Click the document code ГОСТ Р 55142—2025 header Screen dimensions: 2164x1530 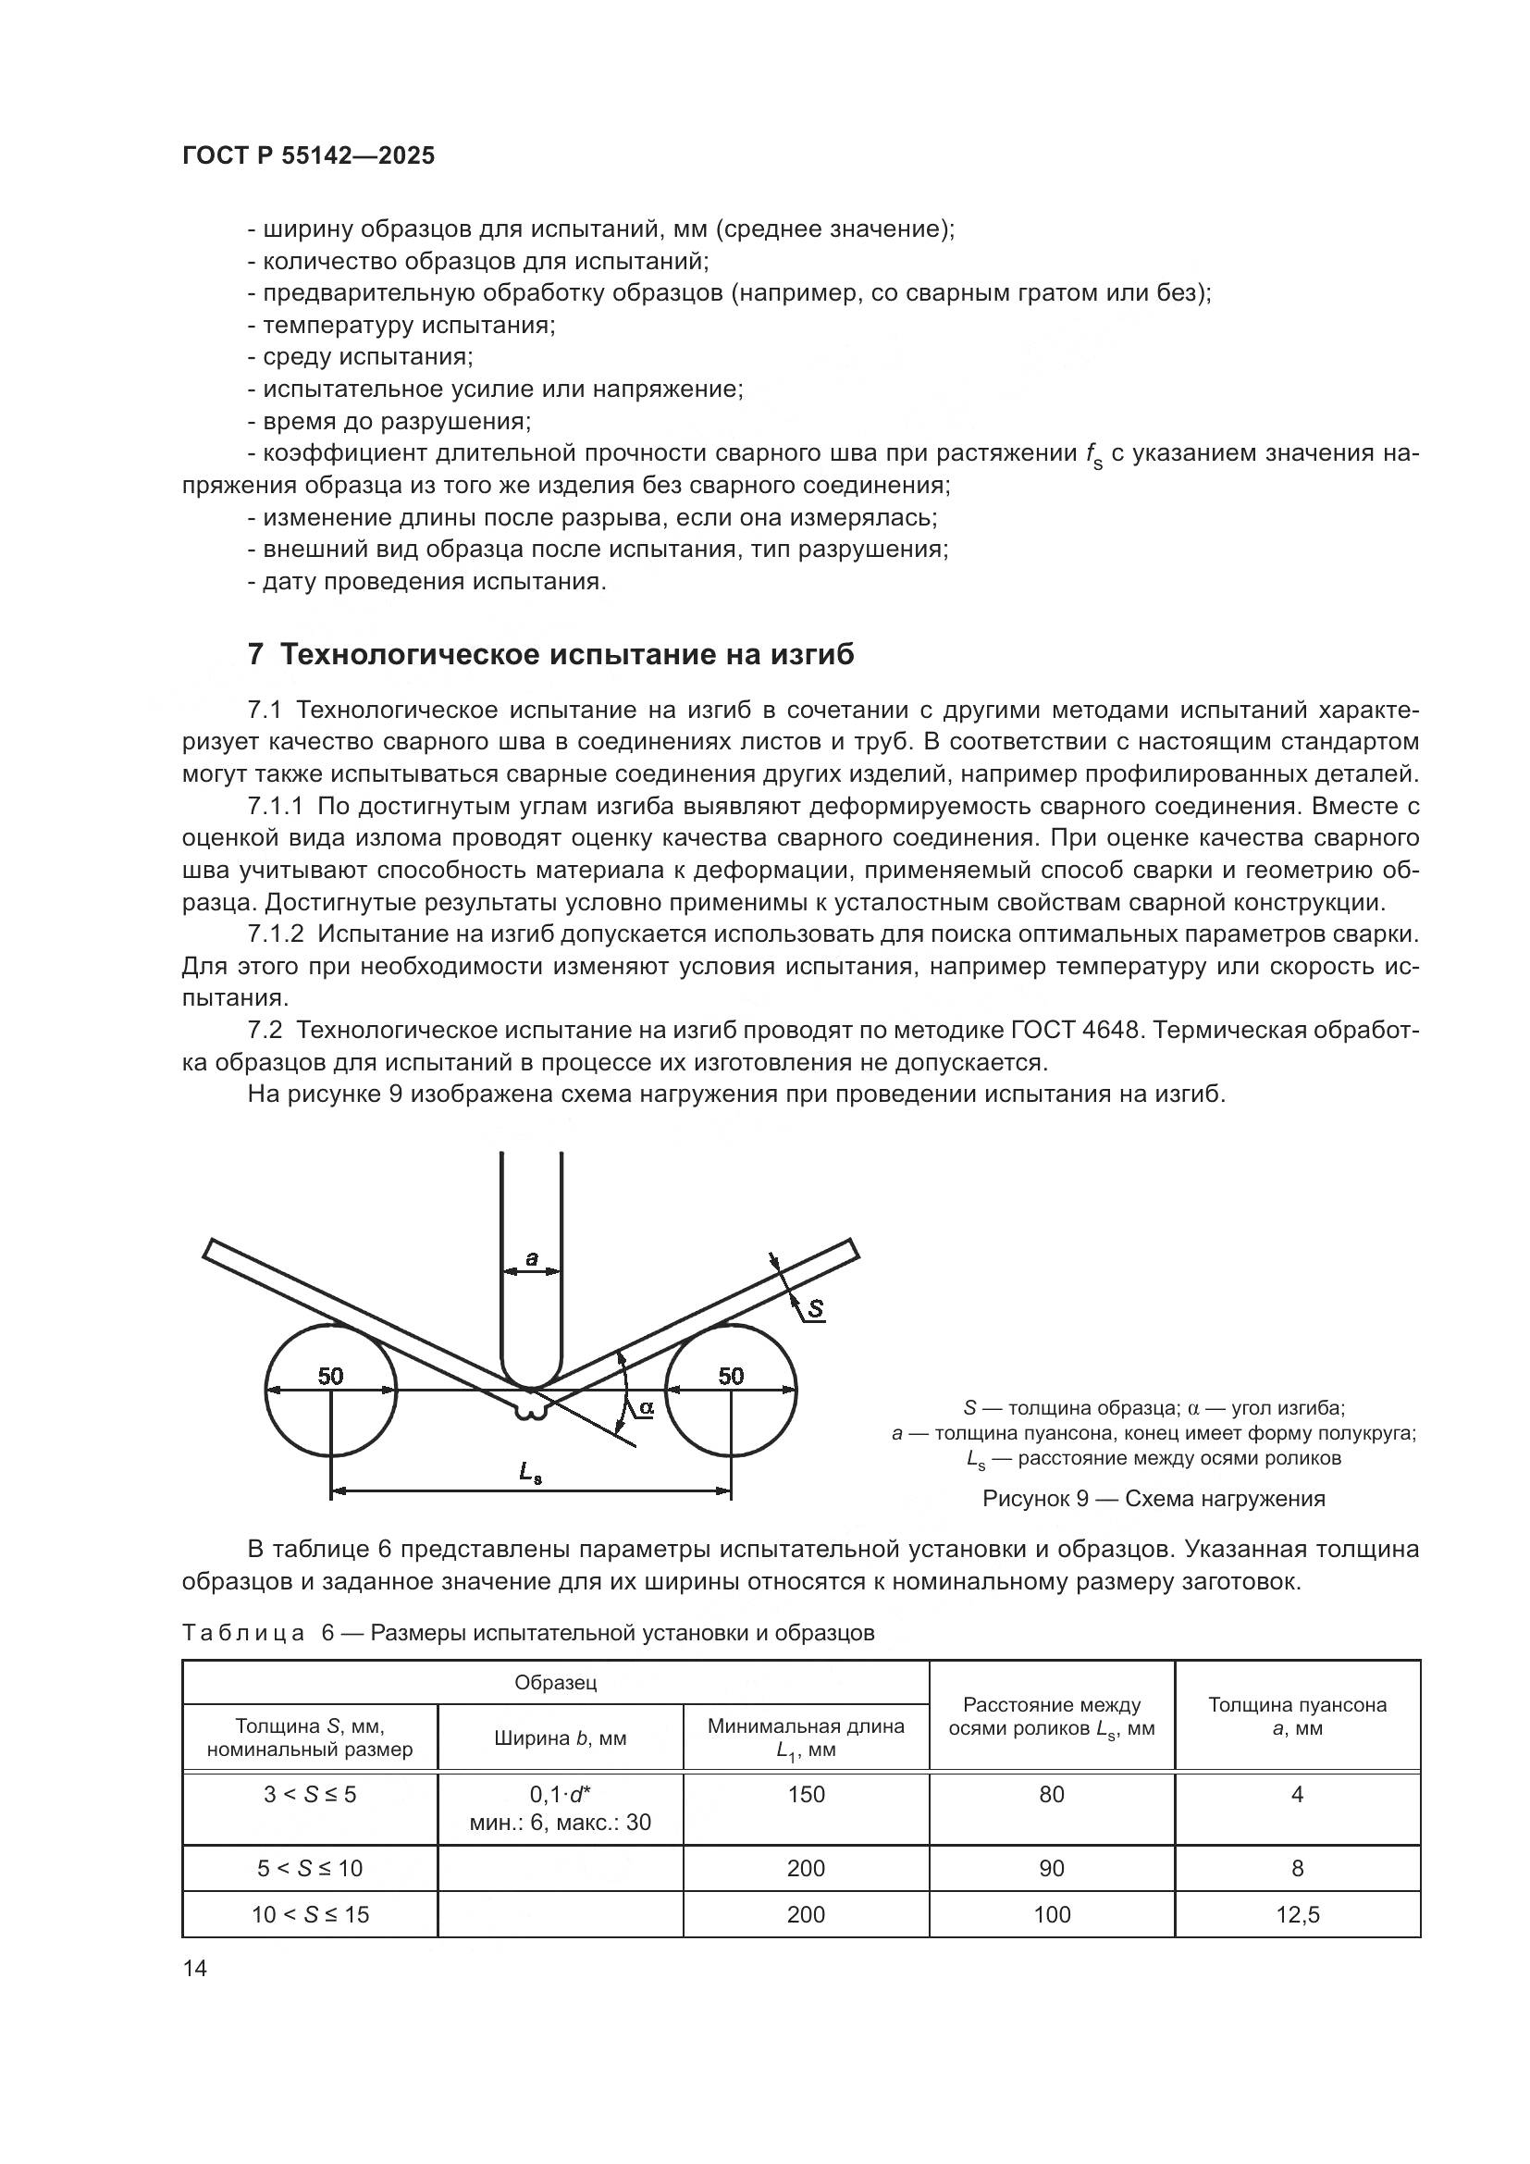click(308, 156)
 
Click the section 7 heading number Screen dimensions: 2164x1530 click(255, 654)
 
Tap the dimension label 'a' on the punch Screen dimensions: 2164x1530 click(531, 1257)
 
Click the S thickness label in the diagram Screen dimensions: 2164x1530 click(815, 1308)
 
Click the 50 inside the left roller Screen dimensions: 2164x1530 click(330, 1376)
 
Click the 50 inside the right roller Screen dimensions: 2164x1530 click(731, 1376)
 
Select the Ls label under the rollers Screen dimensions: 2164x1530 click(530, 1474)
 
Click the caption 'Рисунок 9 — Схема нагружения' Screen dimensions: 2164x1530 click(1154, 1499)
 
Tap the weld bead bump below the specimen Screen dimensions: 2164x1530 click(530, 1411)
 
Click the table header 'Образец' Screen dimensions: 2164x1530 click(556, 1682)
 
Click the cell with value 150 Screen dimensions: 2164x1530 click(807, 1795)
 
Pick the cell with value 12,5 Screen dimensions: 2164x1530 click(1297, 1914)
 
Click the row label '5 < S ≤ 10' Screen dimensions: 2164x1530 click(310, 1868)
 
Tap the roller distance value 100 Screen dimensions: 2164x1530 click(1052, 1914)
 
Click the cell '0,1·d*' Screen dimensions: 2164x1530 click(561, 1795)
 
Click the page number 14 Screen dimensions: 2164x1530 click(195, 1968)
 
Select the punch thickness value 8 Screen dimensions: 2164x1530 click(1297, 1868)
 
